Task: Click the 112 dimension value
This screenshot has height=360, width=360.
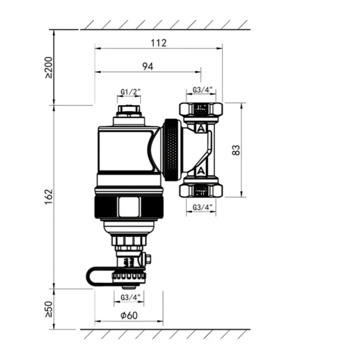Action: pos(159,43)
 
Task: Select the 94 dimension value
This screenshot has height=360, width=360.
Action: pos(148,67)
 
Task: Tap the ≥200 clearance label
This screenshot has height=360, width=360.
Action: pos(49,67)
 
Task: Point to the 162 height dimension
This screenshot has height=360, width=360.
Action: pos(49,197)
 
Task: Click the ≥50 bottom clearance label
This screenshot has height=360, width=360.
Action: pos(49,309)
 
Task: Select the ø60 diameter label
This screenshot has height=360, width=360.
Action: pos(129,315)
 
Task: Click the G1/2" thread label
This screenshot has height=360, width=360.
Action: pos(130,92)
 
